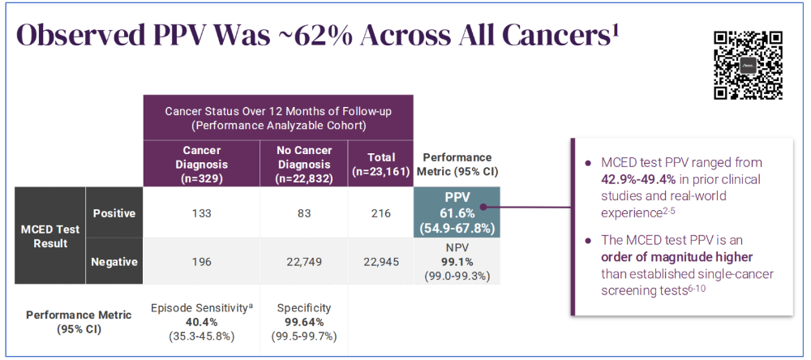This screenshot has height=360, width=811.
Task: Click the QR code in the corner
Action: pos(748,64)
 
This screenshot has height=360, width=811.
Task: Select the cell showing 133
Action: pos(201,213)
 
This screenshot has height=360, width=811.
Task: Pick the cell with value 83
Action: pos(302,213)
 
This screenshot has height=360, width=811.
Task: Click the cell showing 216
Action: pos(380,213)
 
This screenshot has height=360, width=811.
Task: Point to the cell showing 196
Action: pos(201,261)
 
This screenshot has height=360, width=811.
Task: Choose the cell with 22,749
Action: pos(302,261)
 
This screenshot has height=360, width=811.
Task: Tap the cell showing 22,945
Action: pos(380,261)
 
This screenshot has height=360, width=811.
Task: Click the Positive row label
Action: pos(114,213)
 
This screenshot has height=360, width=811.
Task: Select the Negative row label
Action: pos(114,261)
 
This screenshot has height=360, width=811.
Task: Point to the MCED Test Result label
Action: pos(50,236)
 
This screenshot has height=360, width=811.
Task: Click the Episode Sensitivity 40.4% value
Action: pos(201,322)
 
